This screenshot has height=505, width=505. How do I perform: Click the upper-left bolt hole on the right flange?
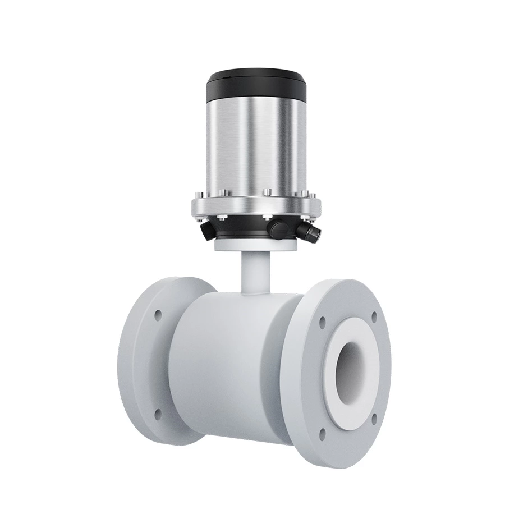(322, 322)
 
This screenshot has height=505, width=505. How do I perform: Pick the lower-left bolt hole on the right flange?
(322, 433)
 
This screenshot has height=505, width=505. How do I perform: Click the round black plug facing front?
(276, 227)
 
